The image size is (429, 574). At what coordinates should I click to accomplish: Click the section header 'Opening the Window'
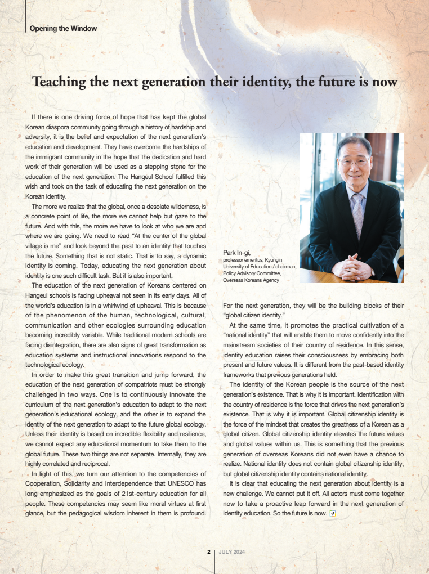pos(63,28)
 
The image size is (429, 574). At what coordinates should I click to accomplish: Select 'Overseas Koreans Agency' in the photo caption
pos(251,280)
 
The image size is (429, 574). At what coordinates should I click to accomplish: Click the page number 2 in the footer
pos(208,552)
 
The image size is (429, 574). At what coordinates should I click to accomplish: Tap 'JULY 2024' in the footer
pos(231,552)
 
